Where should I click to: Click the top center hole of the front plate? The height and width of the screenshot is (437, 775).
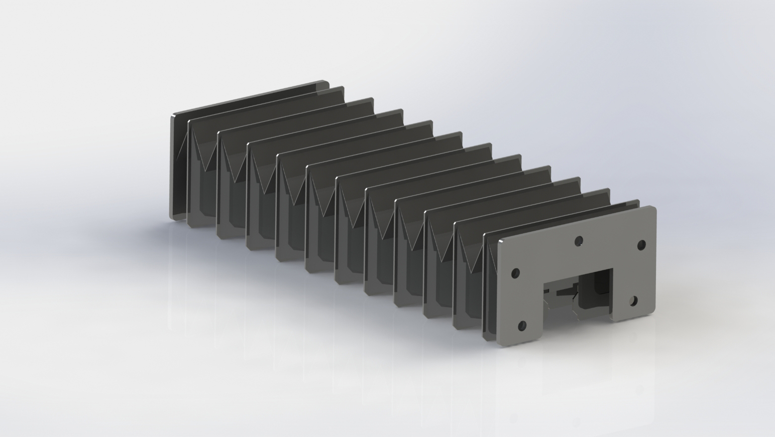[579, 241]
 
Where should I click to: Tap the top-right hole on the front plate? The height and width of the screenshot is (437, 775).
[641, 245]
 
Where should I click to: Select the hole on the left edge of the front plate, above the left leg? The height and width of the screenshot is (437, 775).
[515, 273]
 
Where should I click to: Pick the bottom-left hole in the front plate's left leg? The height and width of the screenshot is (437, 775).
[522, 326]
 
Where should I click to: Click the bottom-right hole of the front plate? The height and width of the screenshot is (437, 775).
[633, 301]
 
